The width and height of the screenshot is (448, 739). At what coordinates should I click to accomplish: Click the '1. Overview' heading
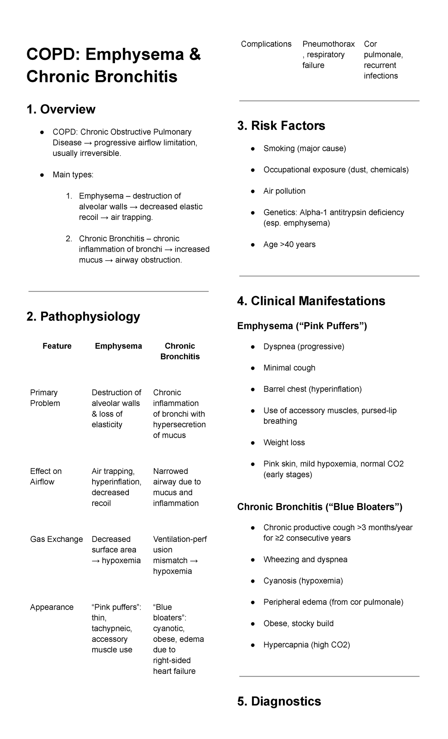coord(61,109)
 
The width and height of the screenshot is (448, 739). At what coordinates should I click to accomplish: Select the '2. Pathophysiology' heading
coord(83,316)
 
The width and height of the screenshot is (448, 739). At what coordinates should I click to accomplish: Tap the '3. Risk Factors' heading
coord(281,126)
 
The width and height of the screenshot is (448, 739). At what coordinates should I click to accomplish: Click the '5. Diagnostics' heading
coord(279,701)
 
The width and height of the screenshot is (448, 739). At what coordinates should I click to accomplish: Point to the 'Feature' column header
coord(57,346)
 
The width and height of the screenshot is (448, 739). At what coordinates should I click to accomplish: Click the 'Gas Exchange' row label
coord(56,539)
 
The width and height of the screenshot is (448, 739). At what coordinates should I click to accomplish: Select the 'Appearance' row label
coord(52,607)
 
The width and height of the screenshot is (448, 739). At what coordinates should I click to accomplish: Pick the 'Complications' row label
coord(266,44)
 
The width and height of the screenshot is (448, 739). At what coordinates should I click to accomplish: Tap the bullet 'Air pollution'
coord(284,191)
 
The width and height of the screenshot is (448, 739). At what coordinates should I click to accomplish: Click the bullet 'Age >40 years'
coord(289,245)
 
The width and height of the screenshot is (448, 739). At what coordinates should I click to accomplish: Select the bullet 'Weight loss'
coord(284,442)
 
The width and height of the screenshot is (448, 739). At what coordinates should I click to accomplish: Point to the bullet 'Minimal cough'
coord(289,368)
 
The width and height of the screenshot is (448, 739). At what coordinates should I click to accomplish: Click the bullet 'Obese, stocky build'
coord(298,623)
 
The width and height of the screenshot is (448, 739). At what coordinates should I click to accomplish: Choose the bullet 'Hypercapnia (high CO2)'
coord(307,645)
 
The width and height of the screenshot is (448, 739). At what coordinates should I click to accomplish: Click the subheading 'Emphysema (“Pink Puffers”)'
coord(302,326)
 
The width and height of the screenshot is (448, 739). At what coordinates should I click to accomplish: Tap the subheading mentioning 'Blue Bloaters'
coord(320,507)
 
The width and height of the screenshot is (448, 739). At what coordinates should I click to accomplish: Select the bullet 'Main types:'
coord(73,175)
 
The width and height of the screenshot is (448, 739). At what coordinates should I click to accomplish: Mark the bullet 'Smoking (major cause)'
coord(305,148)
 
